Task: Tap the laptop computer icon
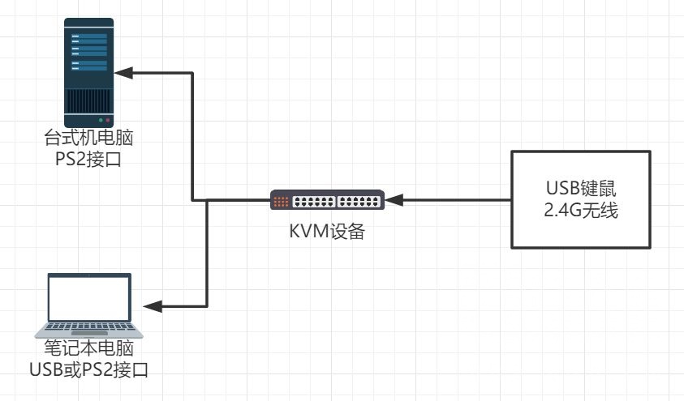point(89,305)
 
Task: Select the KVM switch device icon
point(327,200)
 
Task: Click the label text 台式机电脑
point(89,139)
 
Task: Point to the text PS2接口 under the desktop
point(89,157)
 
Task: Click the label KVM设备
point(327,232)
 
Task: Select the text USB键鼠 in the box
point(580,190)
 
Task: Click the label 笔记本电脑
point(89,352)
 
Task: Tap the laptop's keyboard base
point(89,331)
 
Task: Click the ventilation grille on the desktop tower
point(89,101)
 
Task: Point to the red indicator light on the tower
point(107,119)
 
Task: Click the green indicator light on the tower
point(100,119)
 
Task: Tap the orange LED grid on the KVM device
point(281,200)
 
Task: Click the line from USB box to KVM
point(454,199)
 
